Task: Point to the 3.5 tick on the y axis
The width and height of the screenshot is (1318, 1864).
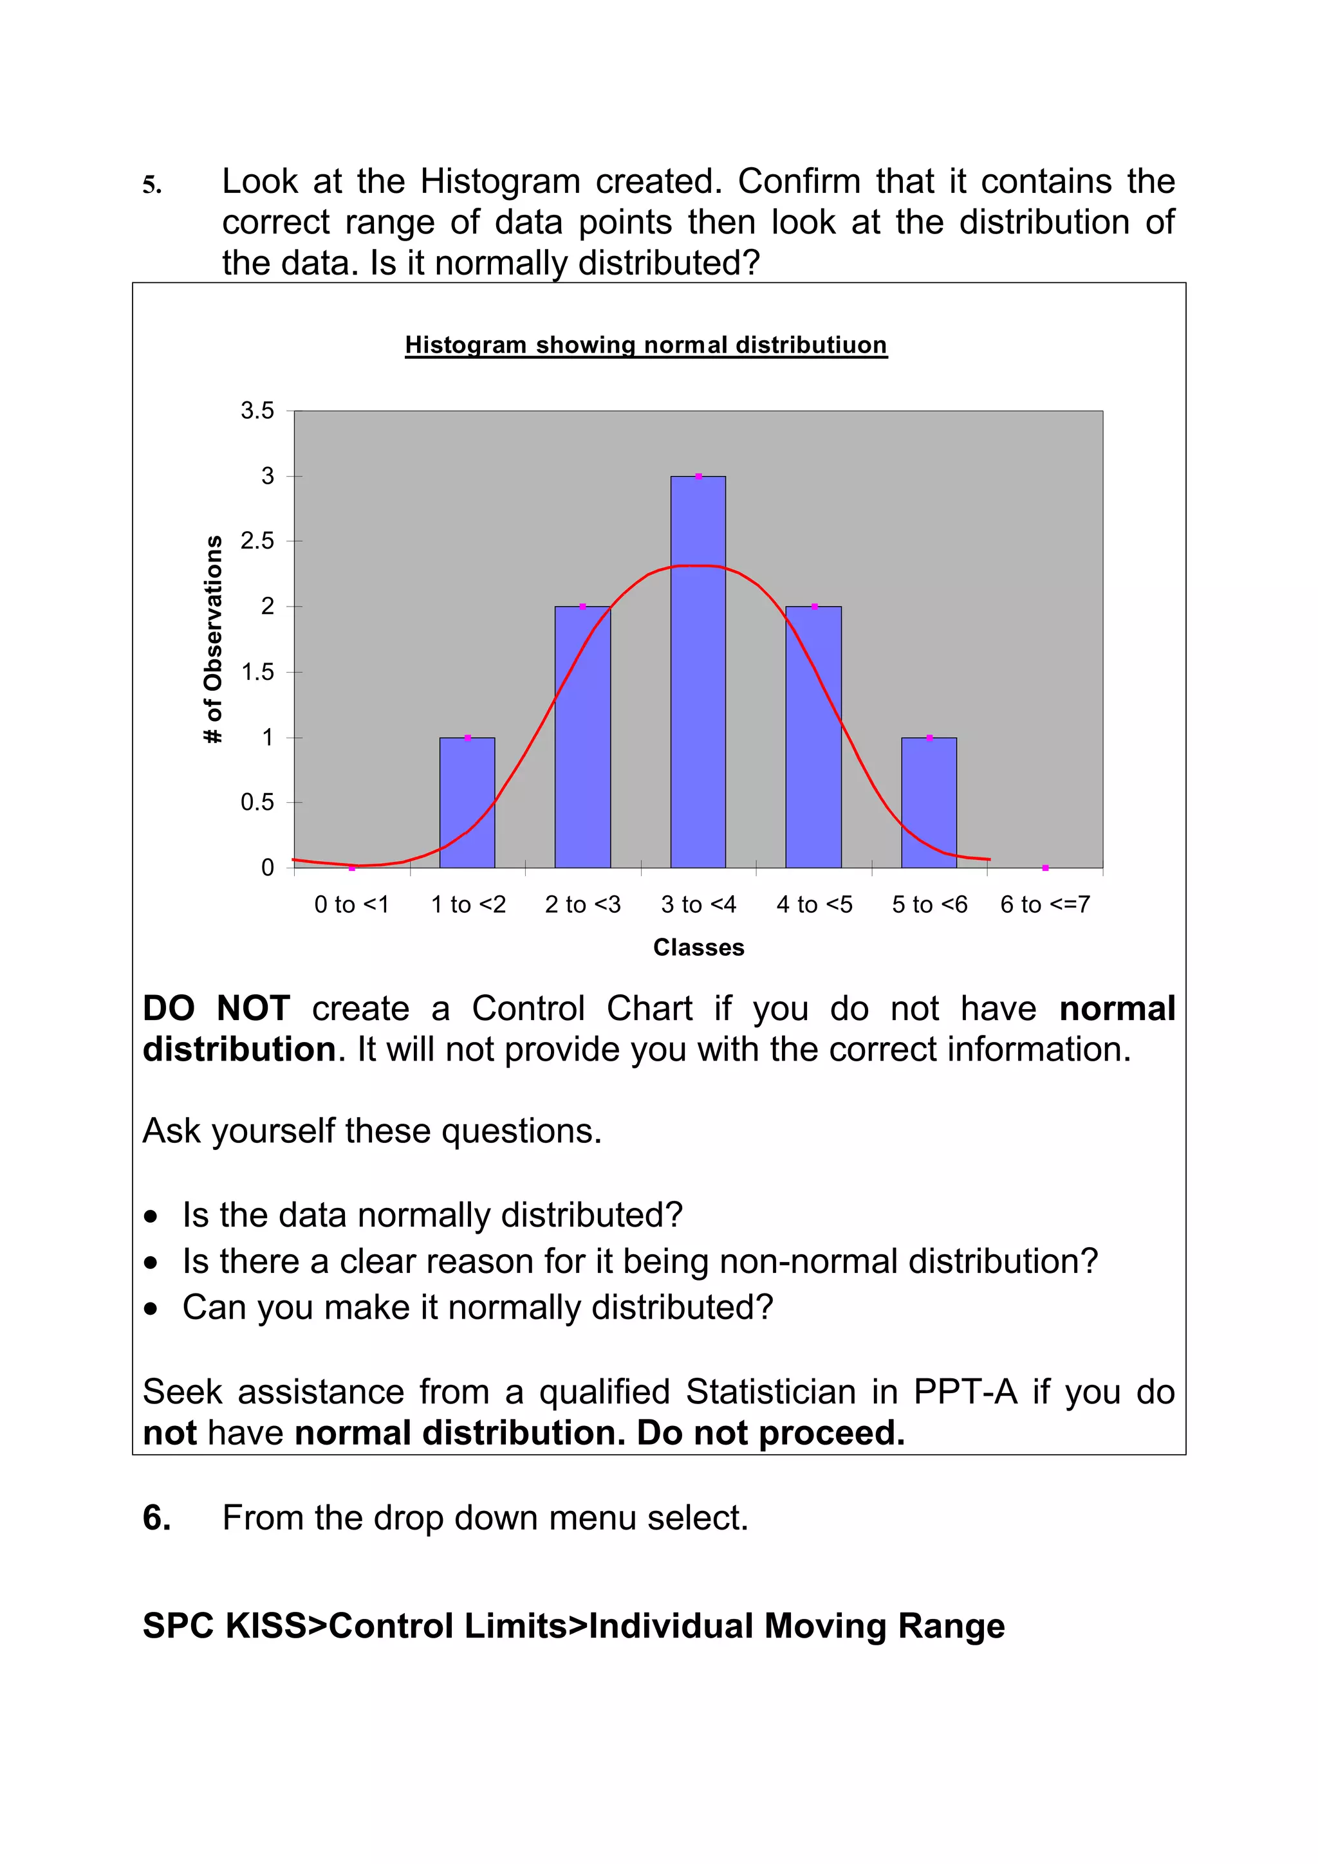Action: click(x=257, y=411)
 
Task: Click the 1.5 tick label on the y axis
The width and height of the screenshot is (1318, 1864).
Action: click(x=257, y=672)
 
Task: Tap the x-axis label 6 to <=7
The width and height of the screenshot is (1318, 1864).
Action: click(x=1044, y=904)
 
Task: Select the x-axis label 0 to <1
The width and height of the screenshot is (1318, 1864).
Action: click(x=351, y=904)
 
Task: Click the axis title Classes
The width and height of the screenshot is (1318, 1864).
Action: click(x=698, y=947)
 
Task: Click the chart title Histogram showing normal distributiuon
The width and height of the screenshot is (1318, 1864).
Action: click(x=645, y=345)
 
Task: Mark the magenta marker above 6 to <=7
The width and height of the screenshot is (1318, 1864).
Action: click(x=1045, y=868)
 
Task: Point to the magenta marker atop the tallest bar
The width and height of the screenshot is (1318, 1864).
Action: click(x=698, y=477)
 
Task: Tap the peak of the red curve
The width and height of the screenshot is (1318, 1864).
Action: click(x=698, y=566)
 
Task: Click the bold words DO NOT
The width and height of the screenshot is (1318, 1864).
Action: click(x=216, y=1009)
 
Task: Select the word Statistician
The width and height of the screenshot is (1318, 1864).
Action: click(x=771, y=1391)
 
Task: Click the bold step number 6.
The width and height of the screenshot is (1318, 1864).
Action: click(x=156, y=1517)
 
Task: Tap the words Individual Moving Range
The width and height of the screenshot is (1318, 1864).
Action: click(x=797, y=1626)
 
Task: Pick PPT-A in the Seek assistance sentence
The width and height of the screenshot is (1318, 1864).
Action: click(x=965, y=1391)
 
